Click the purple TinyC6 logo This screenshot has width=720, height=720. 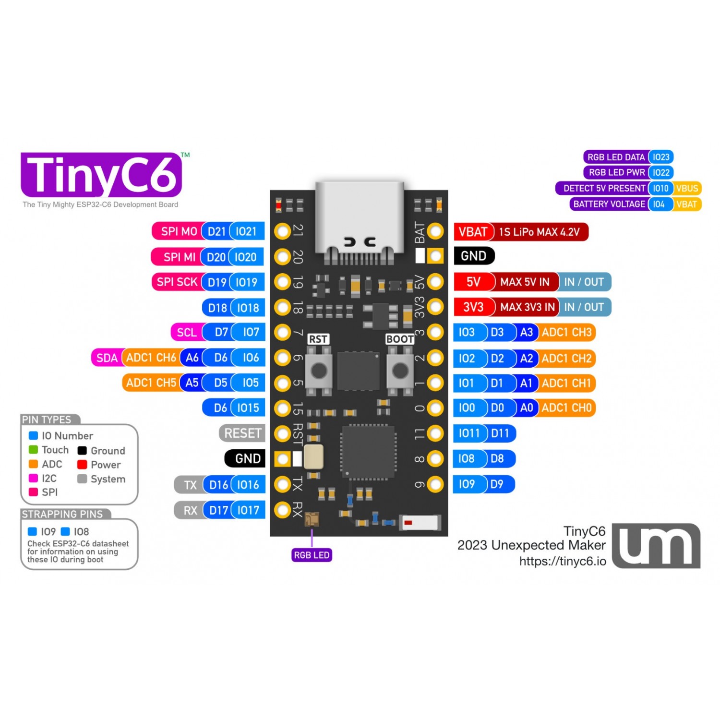point(101,175)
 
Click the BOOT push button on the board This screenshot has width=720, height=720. point(400,370)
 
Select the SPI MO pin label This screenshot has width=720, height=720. point(178,231)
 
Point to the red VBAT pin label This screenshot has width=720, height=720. point(473,232)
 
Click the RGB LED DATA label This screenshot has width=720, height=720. point(616,157)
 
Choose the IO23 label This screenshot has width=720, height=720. point(661,157)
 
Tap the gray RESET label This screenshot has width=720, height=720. point(242,433)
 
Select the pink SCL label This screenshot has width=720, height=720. point(186,332)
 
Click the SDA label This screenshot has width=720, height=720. point(107,358)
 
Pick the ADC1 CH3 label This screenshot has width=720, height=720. point(566,332)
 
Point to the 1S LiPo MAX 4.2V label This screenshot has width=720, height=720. point(540,232)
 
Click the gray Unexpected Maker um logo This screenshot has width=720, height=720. point(656,546)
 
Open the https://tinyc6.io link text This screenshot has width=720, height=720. point(563,561)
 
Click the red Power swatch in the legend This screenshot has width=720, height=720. point(82,465)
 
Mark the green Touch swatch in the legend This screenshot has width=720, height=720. point(33,450)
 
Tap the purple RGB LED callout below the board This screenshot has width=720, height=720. point(312,555)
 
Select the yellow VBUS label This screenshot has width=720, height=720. point(687,188)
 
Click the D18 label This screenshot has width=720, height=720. point(217,308)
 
